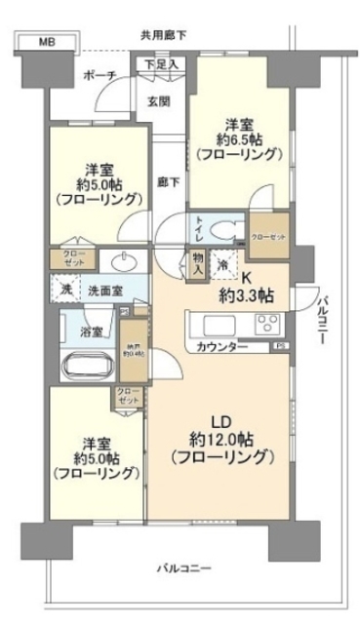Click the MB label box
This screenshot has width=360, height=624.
pyautogui.click(x=47, y=41)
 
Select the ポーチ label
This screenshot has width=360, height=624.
pyautogui.click(x=100, y=76)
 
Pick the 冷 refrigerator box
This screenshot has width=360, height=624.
pyautogui.click(x=221, y=263)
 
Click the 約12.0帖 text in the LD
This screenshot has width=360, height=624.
pyautogui.click(x=220, y=438)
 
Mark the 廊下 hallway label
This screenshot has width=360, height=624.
pyautogui.click(x=166, y=181)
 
